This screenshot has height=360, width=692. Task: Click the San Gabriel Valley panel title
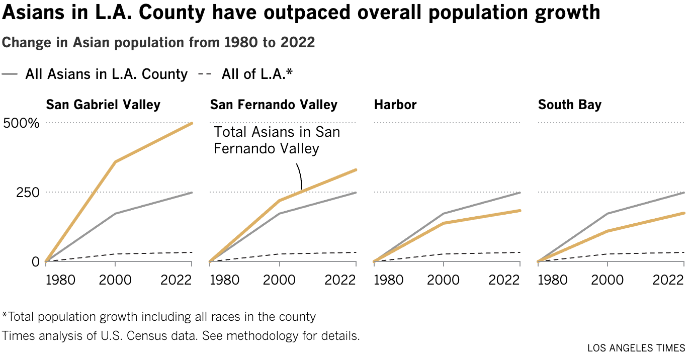(103, 105)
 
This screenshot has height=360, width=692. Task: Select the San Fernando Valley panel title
(274, 105)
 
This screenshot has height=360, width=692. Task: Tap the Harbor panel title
(395, 105)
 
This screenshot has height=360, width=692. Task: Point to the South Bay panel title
(570, 105)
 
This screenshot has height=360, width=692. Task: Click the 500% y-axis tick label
(21, 123)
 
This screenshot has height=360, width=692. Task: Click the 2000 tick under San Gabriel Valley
(116, 280)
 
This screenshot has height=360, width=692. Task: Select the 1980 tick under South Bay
(553, 280)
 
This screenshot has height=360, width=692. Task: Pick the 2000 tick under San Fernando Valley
(280, 280)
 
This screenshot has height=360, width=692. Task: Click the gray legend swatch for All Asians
(11, 74)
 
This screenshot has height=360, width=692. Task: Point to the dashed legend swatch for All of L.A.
(205, 74)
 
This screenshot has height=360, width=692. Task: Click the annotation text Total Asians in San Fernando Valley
(277, 140)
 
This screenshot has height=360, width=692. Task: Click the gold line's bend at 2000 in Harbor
(444, 223)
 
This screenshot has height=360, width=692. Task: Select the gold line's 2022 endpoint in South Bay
(684, 213)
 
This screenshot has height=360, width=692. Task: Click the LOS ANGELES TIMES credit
(636, 348)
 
